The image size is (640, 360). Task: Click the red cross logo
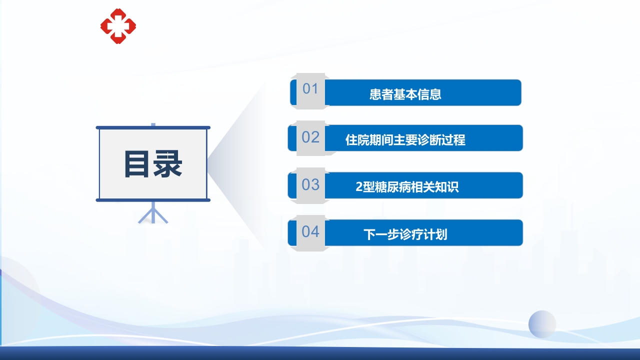click(118, 26)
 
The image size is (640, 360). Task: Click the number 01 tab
click(310, 89)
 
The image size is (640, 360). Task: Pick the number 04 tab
click(310, 232)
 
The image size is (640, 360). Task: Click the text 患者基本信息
click(405, 94)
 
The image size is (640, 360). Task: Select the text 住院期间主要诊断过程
click(405, 140)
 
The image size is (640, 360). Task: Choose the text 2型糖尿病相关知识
click(407, 187)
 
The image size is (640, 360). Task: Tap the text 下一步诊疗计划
click(405, 234)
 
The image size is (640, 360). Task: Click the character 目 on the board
click(137, 164)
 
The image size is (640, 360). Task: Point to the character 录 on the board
click(167, 164)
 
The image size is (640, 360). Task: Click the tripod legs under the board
click(153, 213)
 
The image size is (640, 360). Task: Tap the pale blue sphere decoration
click(542, 324)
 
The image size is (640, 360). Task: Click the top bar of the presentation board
click(153, 127)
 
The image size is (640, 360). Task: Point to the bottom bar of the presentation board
click(153, 200)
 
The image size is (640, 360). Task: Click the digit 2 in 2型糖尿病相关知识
click(358, 187)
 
